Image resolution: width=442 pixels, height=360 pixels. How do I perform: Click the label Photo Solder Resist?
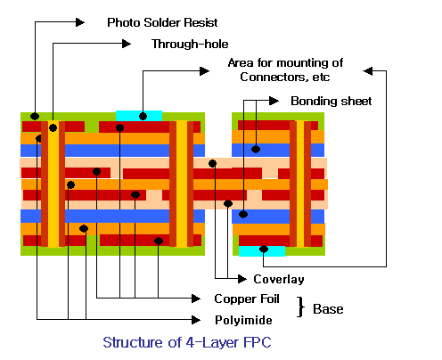(162, 22)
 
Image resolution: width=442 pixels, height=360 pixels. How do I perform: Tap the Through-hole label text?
(190, 44)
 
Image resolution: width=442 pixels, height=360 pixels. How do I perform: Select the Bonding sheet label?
(331, 101)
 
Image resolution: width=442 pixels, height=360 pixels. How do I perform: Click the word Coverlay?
(279, 279)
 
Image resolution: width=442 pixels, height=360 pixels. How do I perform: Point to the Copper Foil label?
(247, 299)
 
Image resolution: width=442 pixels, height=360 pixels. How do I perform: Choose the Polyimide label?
(243, 320)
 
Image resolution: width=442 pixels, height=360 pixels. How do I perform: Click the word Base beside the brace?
(328, 309)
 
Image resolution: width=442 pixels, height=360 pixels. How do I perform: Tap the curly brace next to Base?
(301, 307)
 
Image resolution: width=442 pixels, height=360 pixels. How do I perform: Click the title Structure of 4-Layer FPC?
(187, 342)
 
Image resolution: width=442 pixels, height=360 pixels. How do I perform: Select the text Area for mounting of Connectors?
(285, 70)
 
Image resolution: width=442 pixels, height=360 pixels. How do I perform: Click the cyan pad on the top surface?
(139, 116)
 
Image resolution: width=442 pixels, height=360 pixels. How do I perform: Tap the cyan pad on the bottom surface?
(262, 251)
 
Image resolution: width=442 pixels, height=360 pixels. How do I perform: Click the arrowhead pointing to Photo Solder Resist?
(80, 22)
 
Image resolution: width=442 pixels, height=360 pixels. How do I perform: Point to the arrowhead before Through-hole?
(127, 44)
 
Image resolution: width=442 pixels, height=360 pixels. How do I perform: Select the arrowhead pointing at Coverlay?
(242, 279)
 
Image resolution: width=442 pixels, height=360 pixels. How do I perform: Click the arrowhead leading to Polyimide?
(196, 320)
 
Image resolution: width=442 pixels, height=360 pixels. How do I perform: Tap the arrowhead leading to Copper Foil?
(196, 299)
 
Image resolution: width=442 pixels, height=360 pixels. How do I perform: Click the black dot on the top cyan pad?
(143, 116)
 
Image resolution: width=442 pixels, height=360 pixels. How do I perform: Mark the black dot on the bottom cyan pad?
(264, 249)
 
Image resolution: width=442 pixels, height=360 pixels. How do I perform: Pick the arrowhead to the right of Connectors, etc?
(368, 71)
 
